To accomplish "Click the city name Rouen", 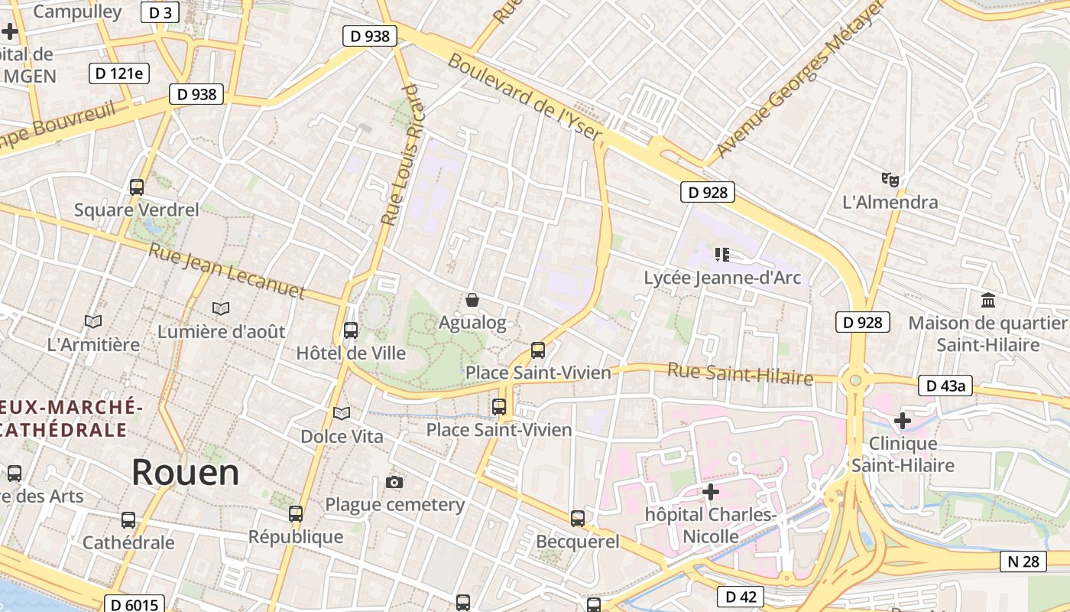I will [x=186, y=472].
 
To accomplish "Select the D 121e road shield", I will [x=119, y=73].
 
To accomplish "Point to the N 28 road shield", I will [x=1023, y=562].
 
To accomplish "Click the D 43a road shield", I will [x=944, y=386].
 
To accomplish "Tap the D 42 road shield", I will [x=741, y=597].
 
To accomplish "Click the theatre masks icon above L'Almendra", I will [x=890, y=180].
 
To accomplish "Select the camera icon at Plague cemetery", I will [x=394, y=482].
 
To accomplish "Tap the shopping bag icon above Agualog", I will [x=472, y=300].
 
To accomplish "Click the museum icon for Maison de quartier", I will [x=987, y=299].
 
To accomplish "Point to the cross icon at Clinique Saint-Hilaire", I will [x=903, y=420].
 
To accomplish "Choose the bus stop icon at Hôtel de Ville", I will [x=351, y=330].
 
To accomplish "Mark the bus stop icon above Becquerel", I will [x=578, y=518].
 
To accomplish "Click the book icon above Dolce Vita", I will [x=342, y=413].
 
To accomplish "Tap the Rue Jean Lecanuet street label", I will [x=227, y=271].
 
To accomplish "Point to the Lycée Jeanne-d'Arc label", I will [x=722, y=277].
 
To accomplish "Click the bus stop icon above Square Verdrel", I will [x=137, y=187].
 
